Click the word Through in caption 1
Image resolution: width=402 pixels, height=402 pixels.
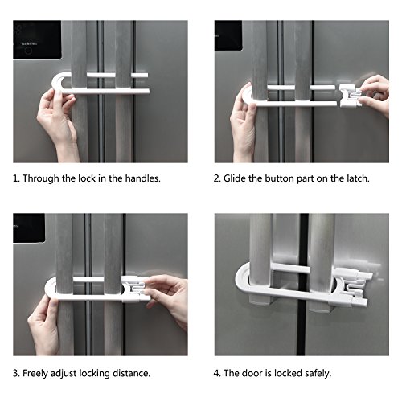pyautogui.click(x=40, y=178)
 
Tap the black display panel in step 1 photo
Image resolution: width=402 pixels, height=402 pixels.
pyautogui.click(x=37, y=40)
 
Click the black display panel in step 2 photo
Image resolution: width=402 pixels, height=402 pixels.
pyautogui.click(x=228, y=35)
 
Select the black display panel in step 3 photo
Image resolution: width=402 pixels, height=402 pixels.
pyautogui.click(x=29, y=228)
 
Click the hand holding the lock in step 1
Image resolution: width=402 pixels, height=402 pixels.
pyautogui.click(x=58, y=123)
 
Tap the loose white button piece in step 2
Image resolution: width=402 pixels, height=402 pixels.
pyautogui.click(x=350, y=96)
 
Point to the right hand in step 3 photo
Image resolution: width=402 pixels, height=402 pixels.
pyautogui.click(x=166, y=297)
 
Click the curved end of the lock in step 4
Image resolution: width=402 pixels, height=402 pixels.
pyautogui.click(x=242, y=279)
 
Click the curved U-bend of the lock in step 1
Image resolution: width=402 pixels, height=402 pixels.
pyautogui.click(x=59, y=82)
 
